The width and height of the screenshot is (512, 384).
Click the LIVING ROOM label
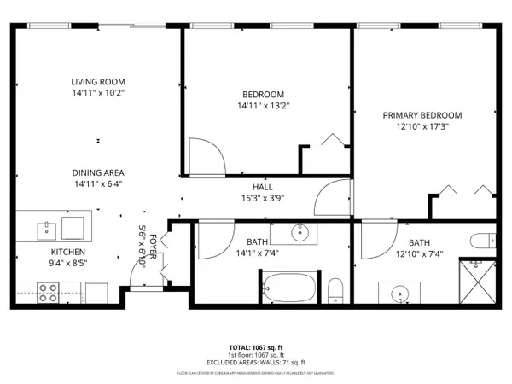pos(98,82)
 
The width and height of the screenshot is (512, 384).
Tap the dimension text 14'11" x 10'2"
pos(98,93)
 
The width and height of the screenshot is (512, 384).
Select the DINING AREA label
pos(98,172)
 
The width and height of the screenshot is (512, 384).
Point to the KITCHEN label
pos(68,252)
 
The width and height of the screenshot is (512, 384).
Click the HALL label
pos(262,187)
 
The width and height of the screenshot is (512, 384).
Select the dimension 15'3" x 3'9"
pos(262,198)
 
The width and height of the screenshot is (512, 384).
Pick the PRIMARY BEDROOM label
pos(422,115)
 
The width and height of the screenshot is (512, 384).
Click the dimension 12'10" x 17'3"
pos(422,126)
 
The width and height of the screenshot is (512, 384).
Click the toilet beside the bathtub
pos(336,288)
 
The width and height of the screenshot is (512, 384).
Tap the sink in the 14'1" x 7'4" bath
pos(300,231)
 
